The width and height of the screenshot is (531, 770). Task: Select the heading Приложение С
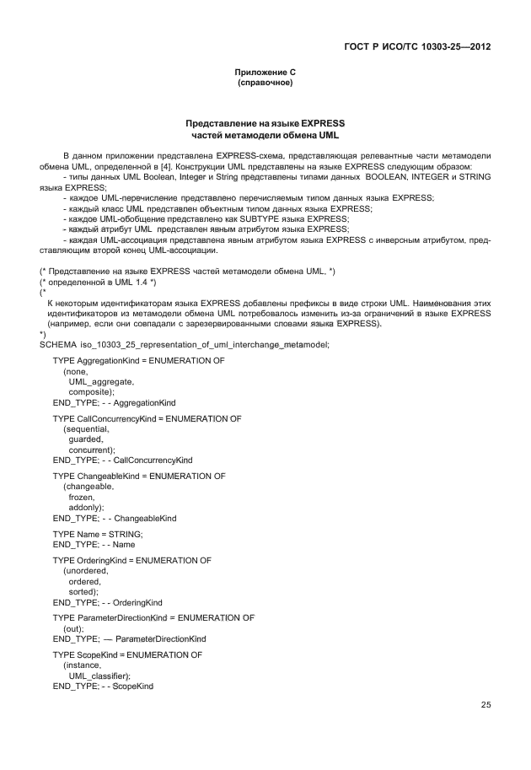click(x=265, y=73)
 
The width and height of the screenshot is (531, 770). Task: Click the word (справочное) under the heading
click(x=265, y=84)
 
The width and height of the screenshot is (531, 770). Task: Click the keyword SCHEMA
click(x=58, y=344)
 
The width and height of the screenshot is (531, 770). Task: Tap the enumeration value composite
click(x=91, y=392)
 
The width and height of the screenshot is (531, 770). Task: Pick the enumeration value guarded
click(x=86, y=439)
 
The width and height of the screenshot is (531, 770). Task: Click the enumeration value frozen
click(x=82, y=497)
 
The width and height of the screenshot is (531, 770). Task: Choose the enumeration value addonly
click(x=86, y=507)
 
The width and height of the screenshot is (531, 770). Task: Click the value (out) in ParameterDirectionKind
click(x=74, y=628)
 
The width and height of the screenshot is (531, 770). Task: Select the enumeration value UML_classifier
click(x=99, y=676)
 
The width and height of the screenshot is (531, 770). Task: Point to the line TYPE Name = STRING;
click(x=98, y=534)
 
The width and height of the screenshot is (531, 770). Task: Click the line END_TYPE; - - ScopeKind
click(x=103, y=687)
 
